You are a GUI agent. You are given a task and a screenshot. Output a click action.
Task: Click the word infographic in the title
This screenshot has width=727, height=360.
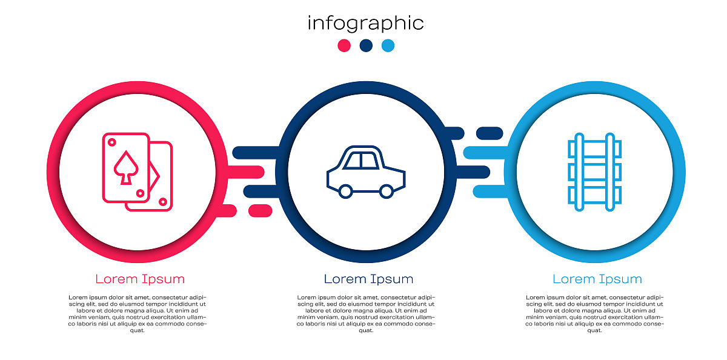coord(365,24)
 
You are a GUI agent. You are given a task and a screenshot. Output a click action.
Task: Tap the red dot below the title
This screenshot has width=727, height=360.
coord(344,45)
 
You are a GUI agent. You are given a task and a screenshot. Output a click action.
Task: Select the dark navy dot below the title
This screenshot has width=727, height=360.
coord(366,45)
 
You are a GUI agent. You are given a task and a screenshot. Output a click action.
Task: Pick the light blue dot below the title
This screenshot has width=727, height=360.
coord(388,45)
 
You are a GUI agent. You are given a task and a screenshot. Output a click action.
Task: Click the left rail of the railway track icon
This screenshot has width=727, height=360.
coord(579,172)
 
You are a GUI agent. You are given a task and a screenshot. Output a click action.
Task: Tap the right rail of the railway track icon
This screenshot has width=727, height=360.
coord(610,172)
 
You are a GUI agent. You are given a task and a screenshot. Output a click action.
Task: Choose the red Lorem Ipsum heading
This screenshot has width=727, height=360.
coord(140,279)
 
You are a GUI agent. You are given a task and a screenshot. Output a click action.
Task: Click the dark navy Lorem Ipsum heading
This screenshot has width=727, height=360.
coord(368,279)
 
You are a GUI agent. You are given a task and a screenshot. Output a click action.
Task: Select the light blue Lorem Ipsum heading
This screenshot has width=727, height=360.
coord(597,279)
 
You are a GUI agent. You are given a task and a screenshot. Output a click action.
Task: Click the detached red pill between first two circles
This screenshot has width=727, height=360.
coord(261,211)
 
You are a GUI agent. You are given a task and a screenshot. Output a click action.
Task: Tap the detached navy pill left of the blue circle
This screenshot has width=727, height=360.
coord(490,133)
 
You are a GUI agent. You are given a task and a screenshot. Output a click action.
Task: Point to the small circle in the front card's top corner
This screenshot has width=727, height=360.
coord(111,142)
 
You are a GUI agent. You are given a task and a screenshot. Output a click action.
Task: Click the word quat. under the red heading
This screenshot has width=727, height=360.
coord(137,330)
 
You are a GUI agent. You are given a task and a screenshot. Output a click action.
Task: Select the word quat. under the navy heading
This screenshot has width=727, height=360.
coord(366,330)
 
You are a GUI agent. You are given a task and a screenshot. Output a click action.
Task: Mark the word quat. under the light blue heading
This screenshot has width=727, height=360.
coord(594,330)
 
